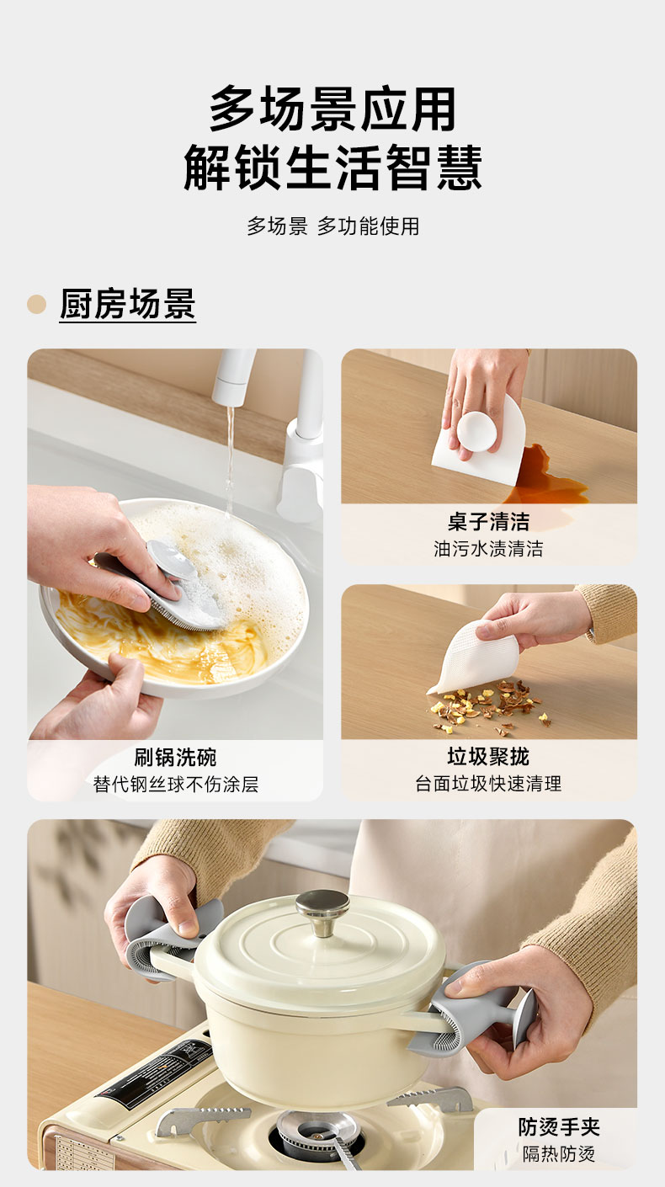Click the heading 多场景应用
332,109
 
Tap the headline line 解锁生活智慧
332,167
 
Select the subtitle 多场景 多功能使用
332,226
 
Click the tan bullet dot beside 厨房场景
36,304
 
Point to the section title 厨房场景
128,304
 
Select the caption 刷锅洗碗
175,758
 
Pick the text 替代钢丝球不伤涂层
175,784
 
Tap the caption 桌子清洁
488,522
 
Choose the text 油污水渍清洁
488,548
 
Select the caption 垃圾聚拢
488,757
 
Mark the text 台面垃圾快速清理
488,784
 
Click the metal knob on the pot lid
322,912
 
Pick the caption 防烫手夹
559,1127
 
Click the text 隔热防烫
559,1153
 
